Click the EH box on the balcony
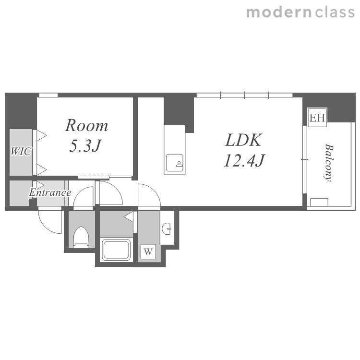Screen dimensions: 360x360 (317, 117)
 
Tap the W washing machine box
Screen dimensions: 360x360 (148, 252)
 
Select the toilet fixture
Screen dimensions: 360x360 (81, 237)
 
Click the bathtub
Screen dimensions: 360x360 (116, 250)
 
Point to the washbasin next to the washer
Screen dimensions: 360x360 (167, 228)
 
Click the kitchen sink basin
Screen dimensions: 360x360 (175, 163)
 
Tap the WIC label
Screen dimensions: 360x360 (21, 151)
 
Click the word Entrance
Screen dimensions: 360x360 (50, 192)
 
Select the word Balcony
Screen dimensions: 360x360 (329, 163)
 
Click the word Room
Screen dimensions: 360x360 (86, 125)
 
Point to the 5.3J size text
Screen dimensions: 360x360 (84, 145)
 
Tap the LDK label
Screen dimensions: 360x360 (243, 140)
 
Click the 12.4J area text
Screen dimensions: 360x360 (244, 160)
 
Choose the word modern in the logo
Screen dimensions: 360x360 (278, 12)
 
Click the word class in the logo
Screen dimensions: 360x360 (335, 12)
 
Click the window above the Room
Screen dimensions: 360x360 (48, 95)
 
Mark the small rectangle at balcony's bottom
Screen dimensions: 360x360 (319, 202)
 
